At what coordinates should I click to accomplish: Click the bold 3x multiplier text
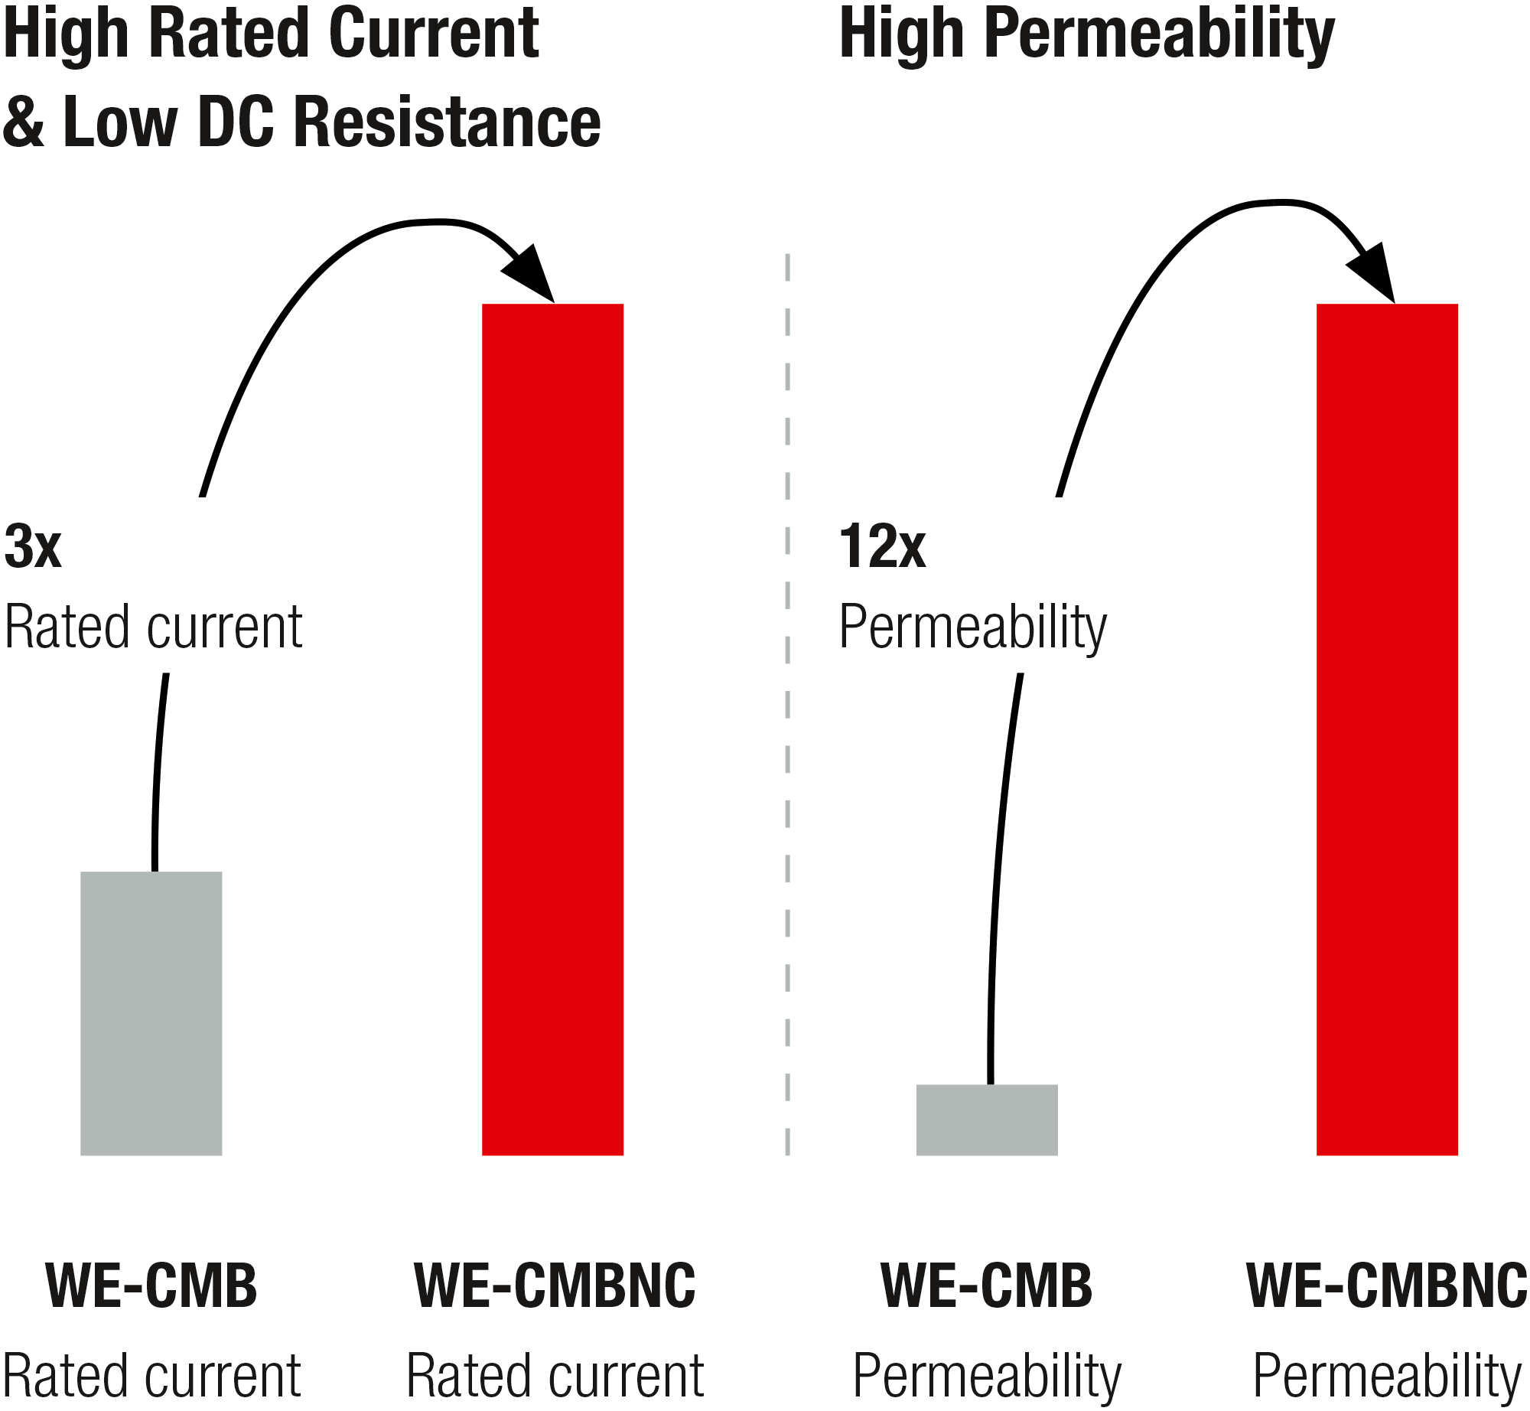[x=32, y=546]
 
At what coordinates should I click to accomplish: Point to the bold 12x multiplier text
[x=882, y=546]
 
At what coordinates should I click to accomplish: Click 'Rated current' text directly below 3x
[x=153, y=627]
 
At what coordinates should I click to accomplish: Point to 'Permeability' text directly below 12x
[x=972, y=627]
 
